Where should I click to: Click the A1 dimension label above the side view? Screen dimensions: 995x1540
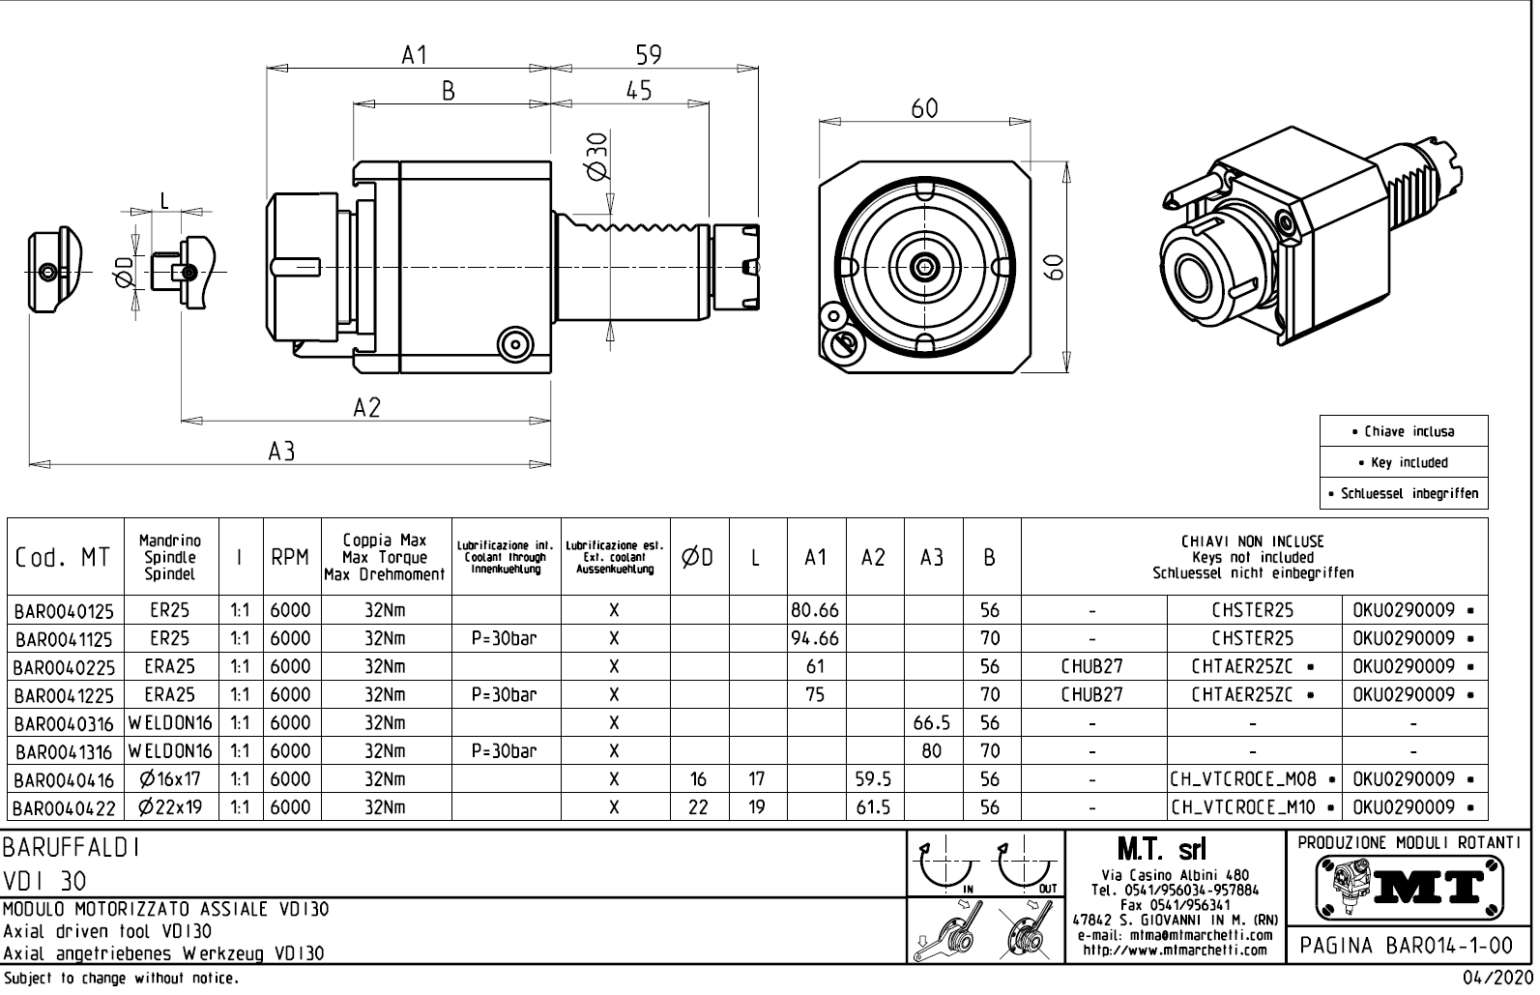[x=414, y=55]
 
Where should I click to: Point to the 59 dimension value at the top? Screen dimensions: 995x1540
[x=649, y=55]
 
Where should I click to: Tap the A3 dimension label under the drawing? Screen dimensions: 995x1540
[x=281, y=451]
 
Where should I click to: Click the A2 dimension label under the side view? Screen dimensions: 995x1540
[x=366, y=408]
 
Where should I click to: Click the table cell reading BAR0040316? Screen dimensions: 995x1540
[x=65, y=723]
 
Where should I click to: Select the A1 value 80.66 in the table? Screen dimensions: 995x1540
[x=815, y=611]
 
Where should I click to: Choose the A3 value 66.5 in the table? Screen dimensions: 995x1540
[x=931, y=723]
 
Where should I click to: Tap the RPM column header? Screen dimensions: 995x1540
[x=290, y=558]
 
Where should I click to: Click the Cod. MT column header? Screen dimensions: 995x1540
[x=63, y=558]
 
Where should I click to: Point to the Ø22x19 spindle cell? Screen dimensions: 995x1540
[x=170, y=807]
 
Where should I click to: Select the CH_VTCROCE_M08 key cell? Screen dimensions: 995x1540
[x=1253, y=779]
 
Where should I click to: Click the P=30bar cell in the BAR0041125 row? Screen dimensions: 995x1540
[x=505, y=639]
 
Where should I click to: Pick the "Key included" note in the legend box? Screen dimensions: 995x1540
[x=1404, y=462]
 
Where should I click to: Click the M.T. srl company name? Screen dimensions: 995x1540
[x=1161, y=850]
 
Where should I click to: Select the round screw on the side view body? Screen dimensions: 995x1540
[x=514, y=343]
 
